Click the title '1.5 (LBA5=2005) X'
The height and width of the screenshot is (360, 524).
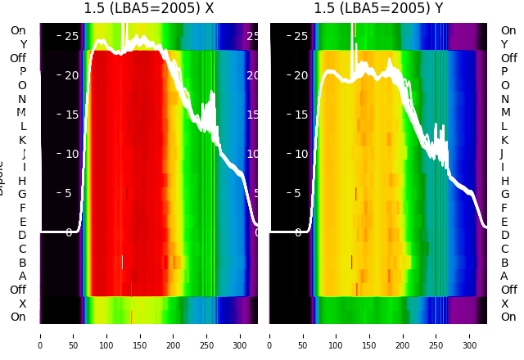pyautogui.click(x=148, y=9)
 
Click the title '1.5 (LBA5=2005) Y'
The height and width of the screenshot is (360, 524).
pyautogui.click(x=378, y=9)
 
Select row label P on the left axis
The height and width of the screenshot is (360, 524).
pyautogui.click(x=23, y=71)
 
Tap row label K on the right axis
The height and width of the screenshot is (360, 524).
pyautogui.click(x=505, y=140)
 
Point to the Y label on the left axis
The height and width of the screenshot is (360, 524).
pyautogui.click(x=23, y=44)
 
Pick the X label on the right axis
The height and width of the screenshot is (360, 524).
pyautogui.click(x=505, y=304)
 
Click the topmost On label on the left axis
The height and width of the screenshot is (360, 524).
pyautogui.click(x=18, y=30)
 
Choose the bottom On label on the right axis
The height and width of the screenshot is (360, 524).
pyautogui.click(x=508, y=317)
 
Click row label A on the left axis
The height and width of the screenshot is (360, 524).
pyautogui.click(x=23, y=276)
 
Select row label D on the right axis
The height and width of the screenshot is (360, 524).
pyautogui.click(x=505, y=235)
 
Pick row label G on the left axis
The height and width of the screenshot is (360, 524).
pyautogui.click(x=23, y=194)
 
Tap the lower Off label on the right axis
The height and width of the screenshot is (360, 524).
pyautogui.click(x=508, y=290)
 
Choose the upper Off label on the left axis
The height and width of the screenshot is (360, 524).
pyautogui.click(x=18, y=58)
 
